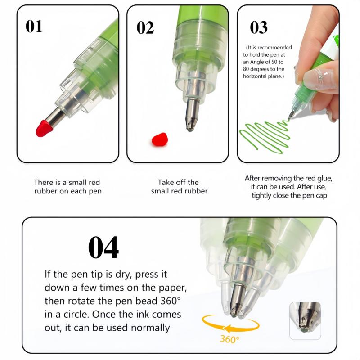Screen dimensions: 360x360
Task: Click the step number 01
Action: (34, 27)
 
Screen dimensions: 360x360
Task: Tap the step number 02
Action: (145, 27)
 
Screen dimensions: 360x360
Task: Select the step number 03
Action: (258, 27)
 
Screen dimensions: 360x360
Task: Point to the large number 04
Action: (103, 247)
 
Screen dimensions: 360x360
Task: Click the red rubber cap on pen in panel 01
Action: (44, 128)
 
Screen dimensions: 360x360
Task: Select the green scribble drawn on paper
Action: (263, 135)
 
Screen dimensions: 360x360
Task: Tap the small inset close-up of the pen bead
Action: (305, 320)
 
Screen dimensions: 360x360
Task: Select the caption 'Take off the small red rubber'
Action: (179, 187)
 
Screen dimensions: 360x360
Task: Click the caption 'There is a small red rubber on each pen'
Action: (67, 187)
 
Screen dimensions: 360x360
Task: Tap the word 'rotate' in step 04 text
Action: (73, 301)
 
